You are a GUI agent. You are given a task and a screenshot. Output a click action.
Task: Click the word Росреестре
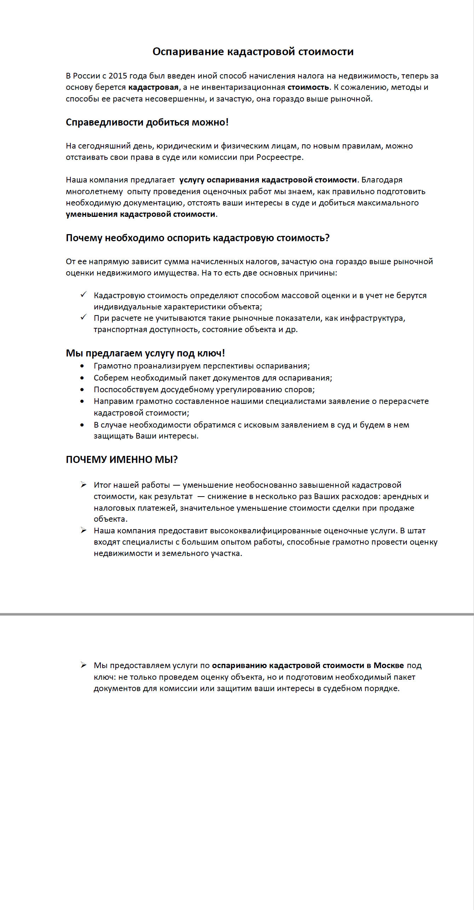click(x=279, y=157)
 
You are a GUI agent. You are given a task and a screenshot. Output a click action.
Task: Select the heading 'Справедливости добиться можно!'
click(x=147, y=122)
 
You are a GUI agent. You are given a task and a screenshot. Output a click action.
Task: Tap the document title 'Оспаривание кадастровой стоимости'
click(x=253, y=52)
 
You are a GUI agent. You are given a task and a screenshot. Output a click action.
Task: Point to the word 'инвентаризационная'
click(x=243, y=87)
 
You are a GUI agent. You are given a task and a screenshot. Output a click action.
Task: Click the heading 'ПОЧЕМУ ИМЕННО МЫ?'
click(x=122, y=459)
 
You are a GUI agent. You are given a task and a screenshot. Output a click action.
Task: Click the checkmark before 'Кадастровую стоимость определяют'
click(x=83, y=295)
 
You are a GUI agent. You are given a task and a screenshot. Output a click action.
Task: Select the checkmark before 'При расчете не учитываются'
click(x=83, y=317)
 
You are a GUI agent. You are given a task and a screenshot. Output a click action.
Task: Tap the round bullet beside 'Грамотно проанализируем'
click(x=82, y=366)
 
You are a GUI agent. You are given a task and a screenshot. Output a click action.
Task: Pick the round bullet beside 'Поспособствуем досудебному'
click(x=82, y=390)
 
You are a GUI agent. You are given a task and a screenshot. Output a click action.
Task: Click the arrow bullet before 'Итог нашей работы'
click(x=83, y=485)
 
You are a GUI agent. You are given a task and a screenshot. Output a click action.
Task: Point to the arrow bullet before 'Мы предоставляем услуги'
click(x=83, y=665)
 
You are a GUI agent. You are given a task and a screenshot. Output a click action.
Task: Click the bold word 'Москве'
click(x=388, y=665)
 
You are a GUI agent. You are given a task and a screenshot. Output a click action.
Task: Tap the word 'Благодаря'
click(x=382, y=180)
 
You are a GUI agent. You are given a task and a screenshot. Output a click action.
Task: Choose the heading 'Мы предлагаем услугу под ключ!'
click(x=145, y=353)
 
